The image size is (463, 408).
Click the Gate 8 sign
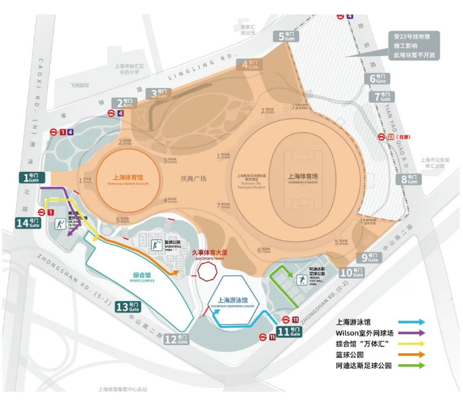coord(410,179)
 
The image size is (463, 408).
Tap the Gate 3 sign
coord(160,93)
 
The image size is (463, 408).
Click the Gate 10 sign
coord(351,273)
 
